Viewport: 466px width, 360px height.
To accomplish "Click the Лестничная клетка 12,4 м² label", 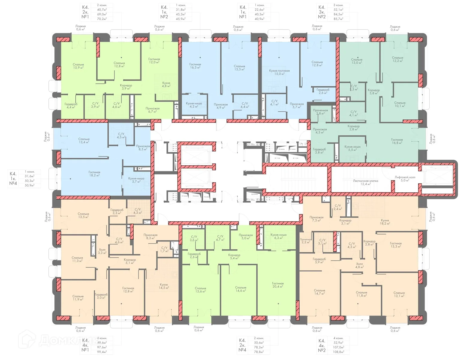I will (x=365, y=182).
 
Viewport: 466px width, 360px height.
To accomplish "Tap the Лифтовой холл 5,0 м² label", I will (x=405, y=179).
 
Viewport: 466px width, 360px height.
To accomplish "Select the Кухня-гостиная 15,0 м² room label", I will (x=279, y=72).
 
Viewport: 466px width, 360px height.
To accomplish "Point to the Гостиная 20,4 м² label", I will (x=278, y=285).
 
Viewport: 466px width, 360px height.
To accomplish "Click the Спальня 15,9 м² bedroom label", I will (x=78, y=66).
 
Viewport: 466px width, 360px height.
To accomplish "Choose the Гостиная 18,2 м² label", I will (x=94, y=174).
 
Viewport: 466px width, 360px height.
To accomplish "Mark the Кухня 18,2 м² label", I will (x=385, y=222).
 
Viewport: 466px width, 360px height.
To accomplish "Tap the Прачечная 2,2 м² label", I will (x=306, y=241).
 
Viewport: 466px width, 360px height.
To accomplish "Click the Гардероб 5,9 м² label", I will (x=319, y=260).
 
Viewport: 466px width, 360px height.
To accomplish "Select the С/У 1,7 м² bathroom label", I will (x=165, y=249).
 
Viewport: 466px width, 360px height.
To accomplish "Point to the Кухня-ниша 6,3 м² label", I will (x=278, y=236).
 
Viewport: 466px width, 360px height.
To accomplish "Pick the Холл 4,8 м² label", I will (x=359, y=265).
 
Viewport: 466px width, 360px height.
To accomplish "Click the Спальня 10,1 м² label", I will (x=400, y=104).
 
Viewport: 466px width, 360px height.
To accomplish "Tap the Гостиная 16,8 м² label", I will (x=397, y=141).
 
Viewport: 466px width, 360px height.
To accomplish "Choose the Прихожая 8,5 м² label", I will (x=143, y=148).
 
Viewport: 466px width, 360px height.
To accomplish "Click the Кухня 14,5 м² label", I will (x=164, y=286).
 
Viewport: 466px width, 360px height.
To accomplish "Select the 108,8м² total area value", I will (x=339, y=352).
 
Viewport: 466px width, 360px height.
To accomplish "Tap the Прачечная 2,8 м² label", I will (x=320, y=112).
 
